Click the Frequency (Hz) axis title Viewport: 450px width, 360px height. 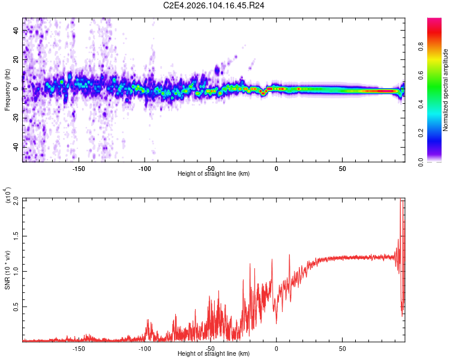pos(7,90)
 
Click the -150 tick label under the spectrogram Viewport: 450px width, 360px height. pos(79,169)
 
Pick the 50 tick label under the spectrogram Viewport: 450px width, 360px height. pos(342,169)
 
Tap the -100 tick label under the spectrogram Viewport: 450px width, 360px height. pos(145,169)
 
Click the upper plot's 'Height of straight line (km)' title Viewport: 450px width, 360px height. pos(214,174)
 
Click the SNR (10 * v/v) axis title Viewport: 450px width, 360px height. pos(7,270)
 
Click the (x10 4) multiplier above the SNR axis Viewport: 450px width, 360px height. pos(7,196)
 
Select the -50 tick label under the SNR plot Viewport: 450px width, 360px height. pos(211,349)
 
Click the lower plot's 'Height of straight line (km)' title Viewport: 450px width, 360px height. pos(214,354)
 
